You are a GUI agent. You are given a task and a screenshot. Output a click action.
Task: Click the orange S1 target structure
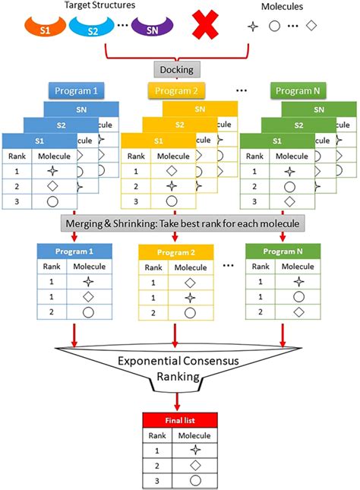(45, 28)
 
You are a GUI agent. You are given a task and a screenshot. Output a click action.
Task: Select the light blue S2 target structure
(92, 29)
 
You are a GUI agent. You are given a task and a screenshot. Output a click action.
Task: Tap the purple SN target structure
(152, 28)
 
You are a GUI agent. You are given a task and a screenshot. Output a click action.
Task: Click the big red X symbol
(205, 24)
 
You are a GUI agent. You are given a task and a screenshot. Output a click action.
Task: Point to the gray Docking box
(177, 69)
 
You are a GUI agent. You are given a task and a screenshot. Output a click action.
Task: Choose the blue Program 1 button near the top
(76, 91)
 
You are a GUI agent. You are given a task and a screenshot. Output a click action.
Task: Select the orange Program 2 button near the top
(176, 91)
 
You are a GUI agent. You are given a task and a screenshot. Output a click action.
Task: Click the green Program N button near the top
(298, 91)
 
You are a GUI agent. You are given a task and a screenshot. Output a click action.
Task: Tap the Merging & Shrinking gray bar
(182, 223)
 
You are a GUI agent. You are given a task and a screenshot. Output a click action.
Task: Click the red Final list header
(180, 420)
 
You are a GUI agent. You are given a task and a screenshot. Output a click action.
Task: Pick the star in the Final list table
(195, 450)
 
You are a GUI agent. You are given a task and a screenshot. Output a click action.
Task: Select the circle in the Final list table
(195, 481)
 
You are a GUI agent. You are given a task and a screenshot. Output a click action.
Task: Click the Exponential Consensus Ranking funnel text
(178, 368)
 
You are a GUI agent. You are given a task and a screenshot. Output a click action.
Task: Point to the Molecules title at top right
(282, 7)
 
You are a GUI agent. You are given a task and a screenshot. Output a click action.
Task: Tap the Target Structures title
(99, 5)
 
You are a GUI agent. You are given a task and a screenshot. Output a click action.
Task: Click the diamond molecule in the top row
(311, 26)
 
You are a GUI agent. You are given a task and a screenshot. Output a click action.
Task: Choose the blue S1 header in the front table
(39, 141)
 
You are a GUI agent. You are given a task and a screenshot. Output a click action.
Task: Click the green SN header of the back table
(319, 109)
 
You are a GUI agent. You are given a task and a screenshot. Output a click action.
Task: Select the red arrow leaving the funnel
(177, 402)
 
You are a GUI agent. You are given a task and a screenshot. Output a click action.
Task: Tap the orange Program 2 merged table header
(176, 252)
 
